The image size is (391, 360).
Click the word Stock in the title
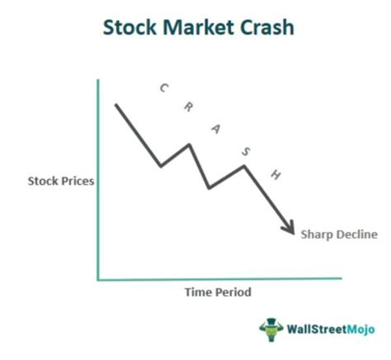click(130, 27)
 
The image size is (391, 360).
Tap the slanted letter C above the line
click(164, 88)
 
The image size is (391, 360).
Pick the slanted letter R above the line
click(189, 107)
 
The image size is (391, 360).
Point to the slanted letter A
click(216, 129)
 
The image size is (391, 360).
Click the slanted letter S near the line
click(246, 151)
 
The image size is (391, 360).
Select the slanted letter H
click(276, 174)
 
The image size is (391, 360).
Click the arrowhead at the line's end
click(290, 229)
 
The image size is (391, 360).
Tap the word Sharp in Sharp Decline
click(317, 235)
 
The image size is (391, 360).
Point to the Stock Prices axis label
click(61, 181)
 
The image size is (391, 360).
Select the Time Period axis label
click(218, 292)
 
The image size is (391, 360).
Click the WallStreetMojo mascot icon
click(271, 329)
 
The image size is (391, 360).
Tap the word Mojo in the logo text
click(360, 329)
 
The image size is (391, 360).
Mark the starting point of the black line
click(116, 105)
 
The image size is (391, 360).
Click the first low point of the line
click(161, 166)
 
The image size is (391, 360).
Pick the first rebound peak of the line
click(190, 144)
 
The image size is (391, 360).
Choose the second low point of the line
click(209, 188)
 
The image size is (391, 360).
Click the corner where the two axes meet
click(98, 280)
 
